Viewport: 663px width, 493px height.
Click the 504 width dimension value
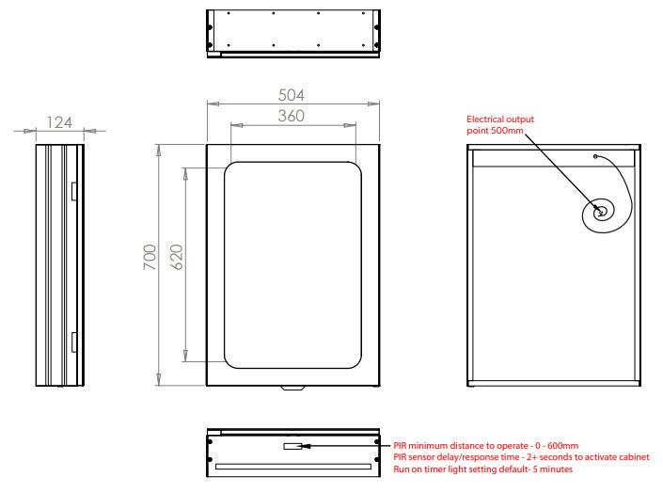[292, 95]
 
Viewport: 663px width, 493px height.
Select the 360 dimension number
[292, 116]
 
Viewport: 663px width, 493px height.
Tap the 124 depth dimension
[59, 122]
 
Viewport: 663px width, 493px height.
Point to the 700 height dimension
[150, 257]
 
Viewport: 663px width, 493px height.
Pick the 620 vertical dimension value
[176, 257]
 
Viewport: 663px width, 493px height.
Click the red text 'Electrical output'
[500, 119]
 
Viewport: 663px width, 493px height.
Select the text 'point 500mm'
[495, 131]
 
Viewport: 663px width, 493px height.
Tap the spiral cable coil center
[601, 212]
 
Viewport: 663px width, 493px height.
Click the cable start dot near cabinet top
[595, 156]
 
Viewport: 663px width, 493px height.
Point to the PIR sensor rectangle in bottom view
[292, 446]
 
